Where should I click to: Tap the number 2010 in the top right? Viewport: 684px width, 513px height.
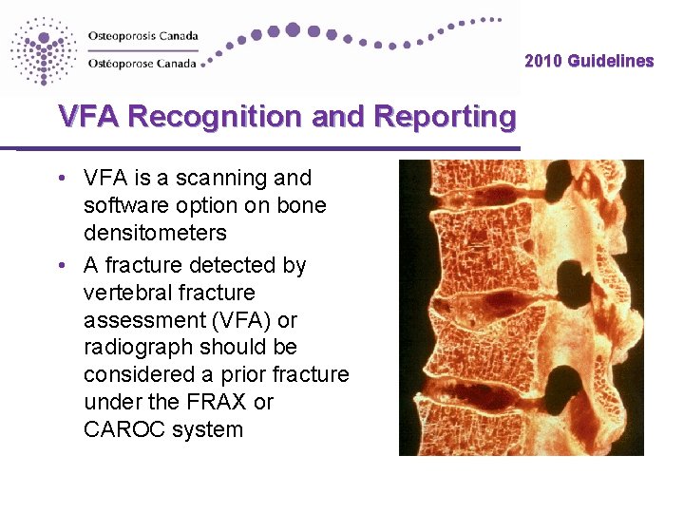coord(544,61)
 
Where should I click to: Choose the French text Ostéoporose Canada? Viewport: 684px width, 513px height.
coord(142,64)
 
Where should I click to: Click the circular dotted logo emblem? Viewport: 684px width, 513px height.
coord(43,50)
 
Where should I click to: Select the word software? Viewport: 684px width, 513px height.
coord(123,205)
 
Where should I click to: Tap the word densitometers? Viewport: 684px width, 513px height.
coord(155,232)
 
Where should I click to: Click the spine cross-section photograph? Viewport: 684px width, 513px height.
coord(521,307)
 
